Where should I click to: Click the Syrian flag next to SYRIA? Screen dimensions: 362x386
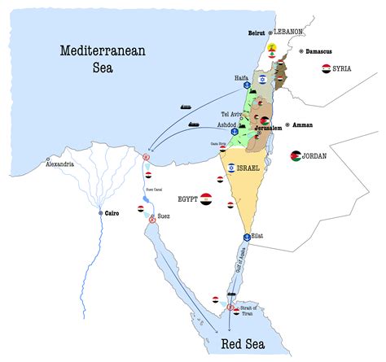(326, 69)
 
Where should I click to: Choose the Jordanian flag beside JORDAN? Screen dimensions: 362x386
(295, 155)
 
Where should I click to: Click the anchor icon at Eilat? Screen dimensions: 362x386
(246, 235)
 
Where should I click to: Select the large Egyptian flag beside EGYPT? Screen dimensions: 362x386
(206, 198)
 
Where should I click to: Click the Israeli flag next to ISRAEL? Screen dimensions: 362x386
(231, 168)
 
